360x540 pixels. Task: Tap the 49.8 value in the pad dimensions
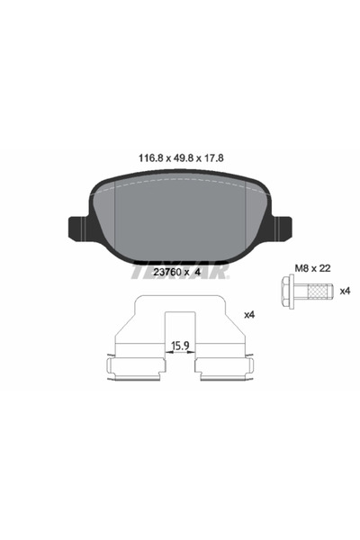[182, 158]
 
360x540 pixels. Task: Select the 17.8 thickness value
[213, 158]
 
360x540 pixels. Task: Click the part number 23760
[167, 272]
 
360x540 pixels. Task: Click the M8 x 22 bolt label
[312, 268]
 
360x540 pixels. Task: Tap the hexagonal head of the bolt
[285, 291]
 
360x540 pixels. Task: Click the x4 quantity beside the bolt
[345, 291]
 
